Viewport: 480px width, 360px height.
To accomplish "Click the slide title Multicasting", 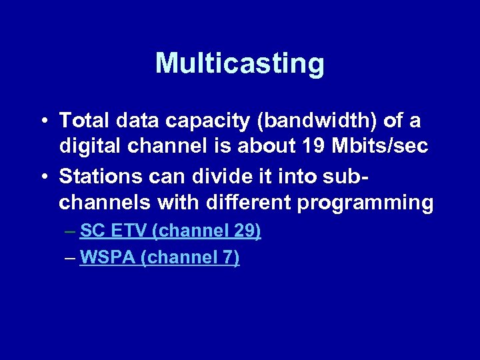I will (x=240, y=64).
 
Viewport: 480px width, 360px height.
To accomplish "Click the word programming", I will (x=365, y=202).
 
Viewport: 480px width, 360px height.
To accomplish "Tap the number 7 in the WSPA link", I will (x=227, y=257).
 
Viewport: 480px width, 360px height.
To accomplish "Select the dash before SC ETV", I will (x=71, y=232).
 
